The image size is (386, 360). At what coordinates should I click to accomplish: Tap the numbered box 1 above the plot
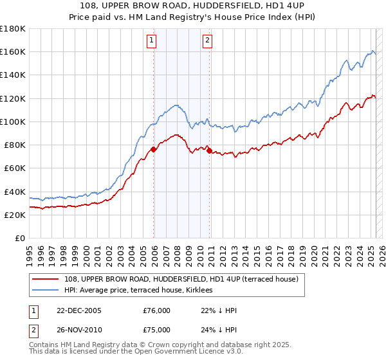151,40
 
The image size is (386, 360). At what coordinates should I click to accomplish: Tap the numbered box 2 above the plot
208,40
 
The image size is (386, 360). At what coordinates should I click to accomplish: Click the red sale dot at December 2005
154,149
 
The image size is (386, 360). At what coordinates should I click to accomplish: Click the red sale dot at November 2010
210,150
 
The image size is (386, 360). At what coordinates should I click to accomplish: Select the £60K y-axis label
15,168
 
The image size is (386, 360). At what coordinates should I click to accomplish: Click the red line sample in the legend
46,279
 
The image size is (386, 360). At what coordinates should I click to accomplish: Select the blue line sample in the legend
46,290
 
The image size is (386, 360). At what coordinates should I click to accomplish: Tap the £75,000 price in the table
157,329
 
